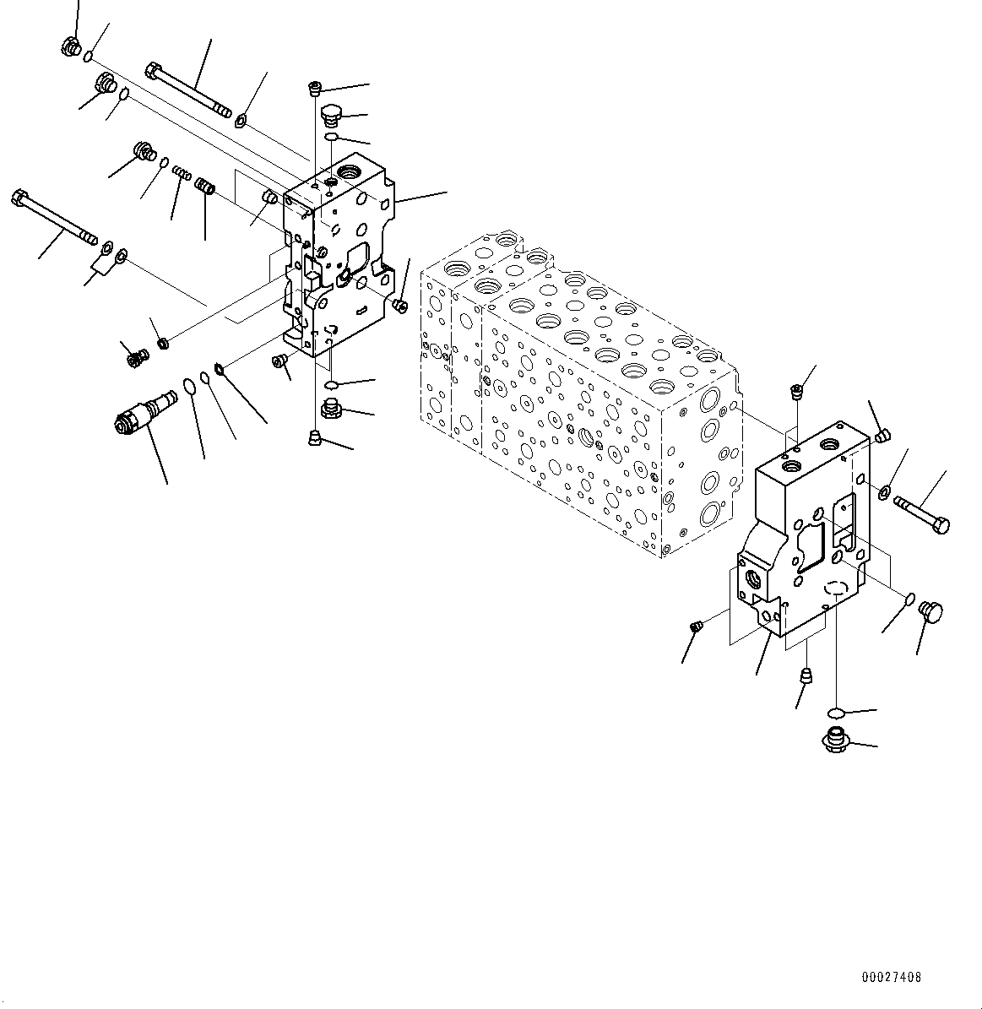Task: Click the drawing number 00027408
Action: tap(891, 977)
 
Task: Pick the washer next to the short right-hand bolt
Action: tap(884, 492)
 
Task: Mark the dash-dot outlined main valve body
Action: tap(583, 397)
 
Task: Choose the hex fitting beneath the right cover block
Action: tap(835, 740)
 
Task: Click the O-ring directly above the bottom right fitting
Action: tap(836, 711)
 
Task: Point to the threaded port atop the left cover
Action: tap(346, 173)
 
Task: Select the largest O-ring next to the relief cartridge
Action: tap(190, 387)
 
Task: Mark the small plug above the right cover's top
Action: tap(795, 389)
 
